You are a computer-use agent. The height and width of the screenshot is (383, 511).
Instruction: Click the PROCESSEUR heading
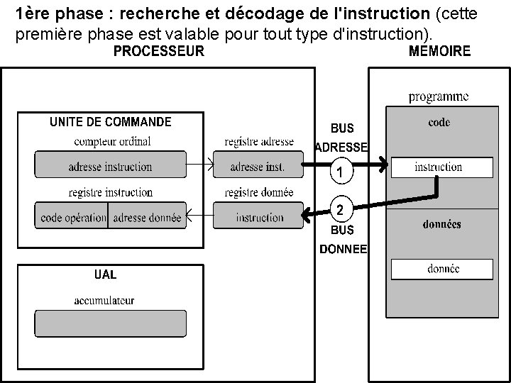point(159,51)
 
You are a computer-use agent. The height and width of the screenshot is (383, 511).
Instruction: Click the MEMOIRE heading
point(440,51)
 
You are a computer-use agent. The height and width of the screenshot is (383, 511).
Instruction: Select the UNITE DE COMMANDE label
point(110,122)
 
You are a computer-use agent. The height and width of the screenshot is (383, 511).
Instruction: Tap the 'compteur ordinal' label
point(112,141)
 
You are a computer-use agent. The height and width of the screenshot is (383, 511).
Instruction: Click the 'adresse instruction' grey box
point(110,167)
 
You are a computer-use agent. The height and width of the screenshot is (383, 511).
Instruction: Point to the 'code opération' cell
point(72,217)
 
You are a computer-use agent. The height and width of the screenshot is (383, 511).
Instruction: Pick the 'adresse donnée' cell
point(147,217)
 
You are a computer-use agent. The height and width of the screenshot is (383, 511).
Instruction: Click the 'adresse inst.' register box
point(258,167)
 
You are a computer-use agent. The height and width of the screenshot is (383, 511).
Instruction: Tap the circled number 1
point(341,172)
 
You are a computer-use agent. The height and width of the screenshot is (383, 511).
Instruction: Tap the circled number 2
point(341,210)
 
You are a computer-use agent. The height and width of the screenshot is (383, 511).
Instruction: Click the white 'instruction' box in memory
point(439,167)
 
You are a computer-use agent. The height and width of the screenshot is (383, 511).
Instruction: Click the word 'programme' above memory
point(439,97)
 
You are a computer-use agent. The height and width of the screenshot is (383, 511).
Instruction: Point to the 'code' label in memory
point(439,123)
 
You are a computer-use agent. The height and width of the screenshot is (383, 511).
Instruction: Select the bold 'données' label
point(440,224)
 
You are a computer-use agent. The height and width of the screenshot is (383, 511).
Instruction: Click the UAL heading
point(106,274)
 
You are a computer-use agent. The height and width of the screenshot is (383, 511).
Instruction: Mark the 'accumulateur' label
point(104,301)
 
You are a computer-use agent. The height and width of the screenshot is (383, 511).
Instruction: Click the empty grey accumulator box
point(111,323)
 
